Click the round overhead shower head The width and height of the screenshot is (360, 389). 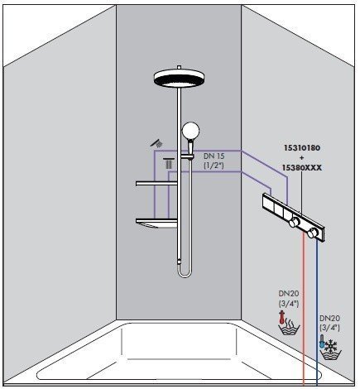point(180,78)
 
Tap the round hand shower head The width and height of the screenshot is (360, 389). point(191,130)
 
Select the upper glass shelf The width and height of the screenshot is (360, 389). point(158,183)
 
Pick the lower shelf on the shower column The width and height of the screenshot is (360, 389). point(157,220)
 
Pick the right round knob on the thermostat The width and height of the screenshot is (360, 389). point(313,234)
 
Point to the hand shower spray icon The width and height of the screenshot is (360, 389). point(156,143)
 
